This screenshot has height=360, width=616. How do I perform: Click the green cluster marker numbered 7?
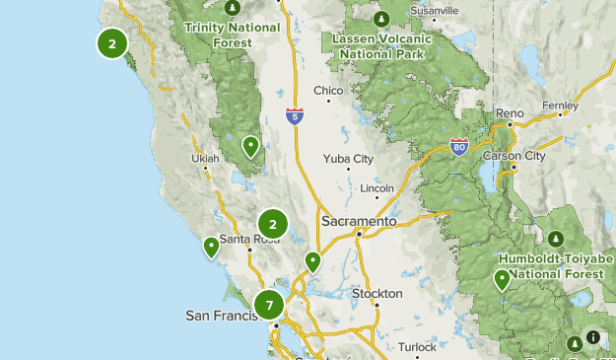(x=268, y=305)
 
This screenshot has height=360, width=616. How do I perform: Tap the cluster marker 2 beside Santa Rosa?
(x=273, y=224)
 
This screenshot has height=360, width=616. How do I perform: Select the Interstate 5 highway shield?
(x=295, y=115)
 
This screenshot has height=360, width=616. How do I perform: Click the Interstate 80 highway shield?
(x=458, y=146)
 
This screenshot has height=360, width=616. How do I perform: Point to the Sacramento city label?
(x=358, y=222)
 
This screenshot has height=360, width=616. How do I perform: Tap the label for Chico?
(x=328, y=91)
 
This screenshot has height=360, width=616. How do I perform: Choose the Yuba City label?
(x=348, y=159)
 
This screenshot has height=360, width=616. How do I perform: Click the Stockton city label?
(x=377, y=293)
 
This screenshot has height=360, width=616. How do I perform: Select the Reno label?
(x=510, y=113)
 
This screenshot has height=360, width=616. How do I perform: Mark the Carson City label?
(x=513, y=156)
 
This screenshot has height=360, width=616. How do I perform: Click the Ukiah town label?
(x=204, y=158)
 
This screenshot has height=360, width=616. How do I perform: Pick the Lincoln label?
(x=377, y=187)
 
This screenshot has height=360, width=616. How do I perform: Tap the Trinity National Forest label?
(x=232, y=34)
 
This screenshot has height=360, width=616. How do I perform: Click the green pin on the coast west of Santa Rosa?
(x=211, y=247)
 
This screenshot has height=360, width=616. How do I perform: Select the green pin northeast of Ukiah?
(x=251, y=147)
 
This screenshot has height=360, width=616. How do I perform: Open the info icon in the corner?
(x=592, y=337)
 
